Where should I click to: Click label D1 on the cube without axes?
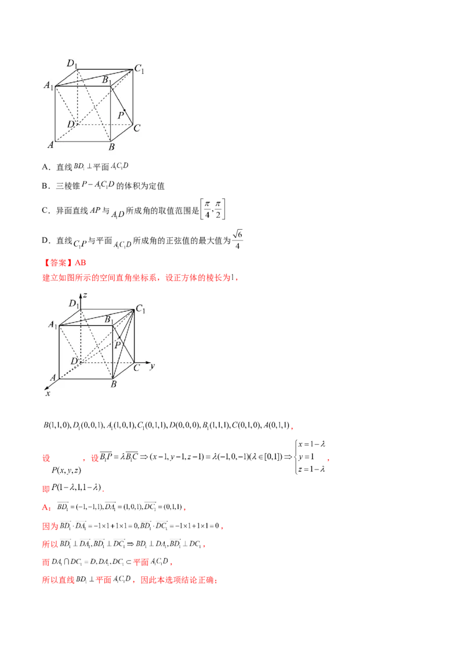72,63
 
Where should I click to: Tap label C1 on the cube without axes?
139,69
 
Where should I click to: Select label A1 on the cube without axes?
48,86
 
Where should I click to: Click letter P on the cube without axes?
121,115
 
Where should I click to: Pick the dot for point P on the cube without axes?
124,110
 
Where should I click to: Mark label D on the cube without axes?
70,124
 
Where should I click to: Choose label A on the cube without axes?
50,145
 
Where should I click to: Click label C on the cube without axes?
137,128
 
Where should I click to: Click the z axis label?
85,295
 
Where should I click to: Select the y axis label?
151,366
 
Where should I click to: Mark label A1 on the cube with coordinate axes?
52,324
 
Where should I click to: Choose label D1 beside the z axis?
74,303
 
